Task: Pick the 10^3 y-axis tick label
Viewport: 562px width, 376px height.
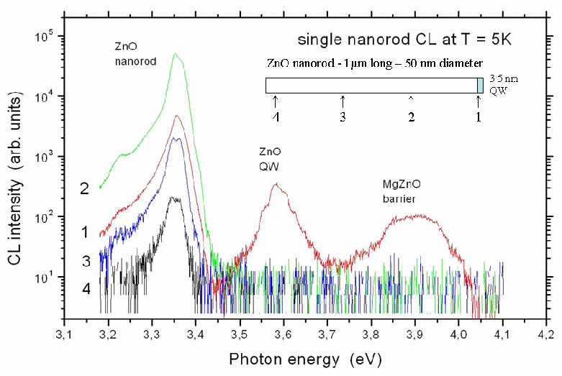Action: pyautogui.click(x=48, y=157)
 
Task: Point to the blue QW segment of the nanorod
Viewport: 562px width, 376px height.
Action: pyautogui.click(x=481, y=86)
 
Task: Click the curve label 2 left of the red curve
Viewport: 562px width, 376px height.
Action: pyautogui.click(x=84, y=189)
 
